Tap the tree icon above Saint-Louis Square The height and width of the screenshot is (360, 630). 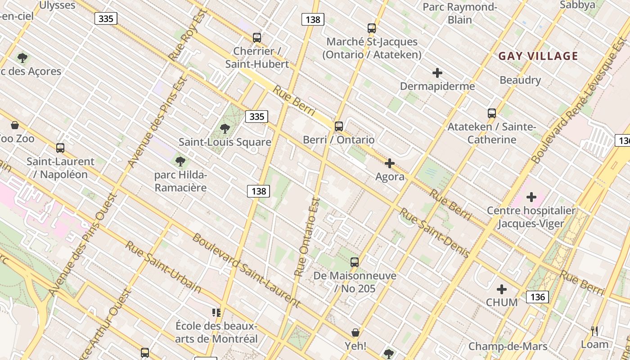coord(225,129)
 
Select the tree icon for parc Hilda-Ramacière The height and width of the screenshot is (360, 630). coord(180,161)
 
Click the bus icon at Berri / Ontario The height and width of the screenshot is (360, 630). coord(339,126)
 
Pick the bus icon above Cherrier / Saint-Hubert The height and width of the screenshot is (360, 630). coord(257,37)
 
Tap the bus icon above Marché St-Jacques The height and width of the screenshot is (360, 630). coord(372,28)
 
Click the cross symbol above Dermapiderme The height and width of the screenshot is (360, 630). coord(437,73)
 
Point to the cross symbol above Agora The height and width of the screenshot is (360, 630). coord(390,163)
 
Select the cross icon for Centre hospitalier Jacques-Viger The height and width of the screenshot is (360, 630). coord(531,197)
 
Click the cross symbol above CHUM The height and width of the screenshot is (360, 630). coord(502,289)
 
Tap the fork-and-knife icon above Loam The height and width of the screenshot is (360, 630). coord(594,331)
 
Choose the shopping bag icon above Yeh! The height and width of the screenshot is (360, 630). coord(355,333)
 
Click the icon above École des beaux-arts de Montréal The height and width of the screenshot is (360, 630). coord(216,312)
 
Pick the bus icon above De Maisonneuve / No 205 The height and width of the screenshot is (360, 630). coord(355,262)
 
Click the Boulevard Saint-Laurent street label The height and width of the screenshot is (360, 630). coord(246,270)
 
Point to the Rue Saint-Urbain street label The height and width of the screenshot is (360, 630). coord(163,266)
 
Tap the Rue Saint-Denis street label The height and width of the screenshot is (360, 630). coord(435,232)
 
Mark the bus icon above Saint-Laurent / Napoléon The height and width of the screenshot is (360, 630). coord(60,148)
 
